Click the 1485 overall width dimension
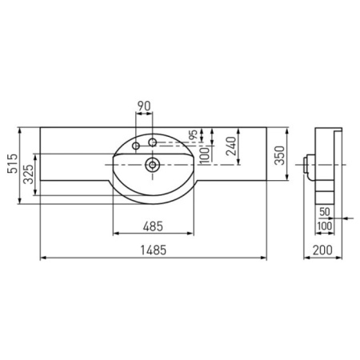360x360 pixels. pos(154,250)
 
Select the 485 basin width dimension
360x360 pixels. pos(153,226)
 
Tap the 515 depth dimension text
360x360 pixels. pos(13,163)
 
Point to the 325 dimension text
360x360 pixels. pos(29,174)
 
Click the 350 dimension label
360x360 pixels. pos(280,155)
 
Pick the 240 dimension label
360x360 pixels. pos(231,146)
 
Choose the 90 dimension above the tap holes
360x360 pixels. pos(144,106)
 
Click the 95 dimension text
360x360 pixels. pos(194,134)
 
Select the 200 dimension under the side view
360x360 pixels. pos(322,250)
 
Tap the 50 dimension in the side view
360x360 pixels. pos(325,212)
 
